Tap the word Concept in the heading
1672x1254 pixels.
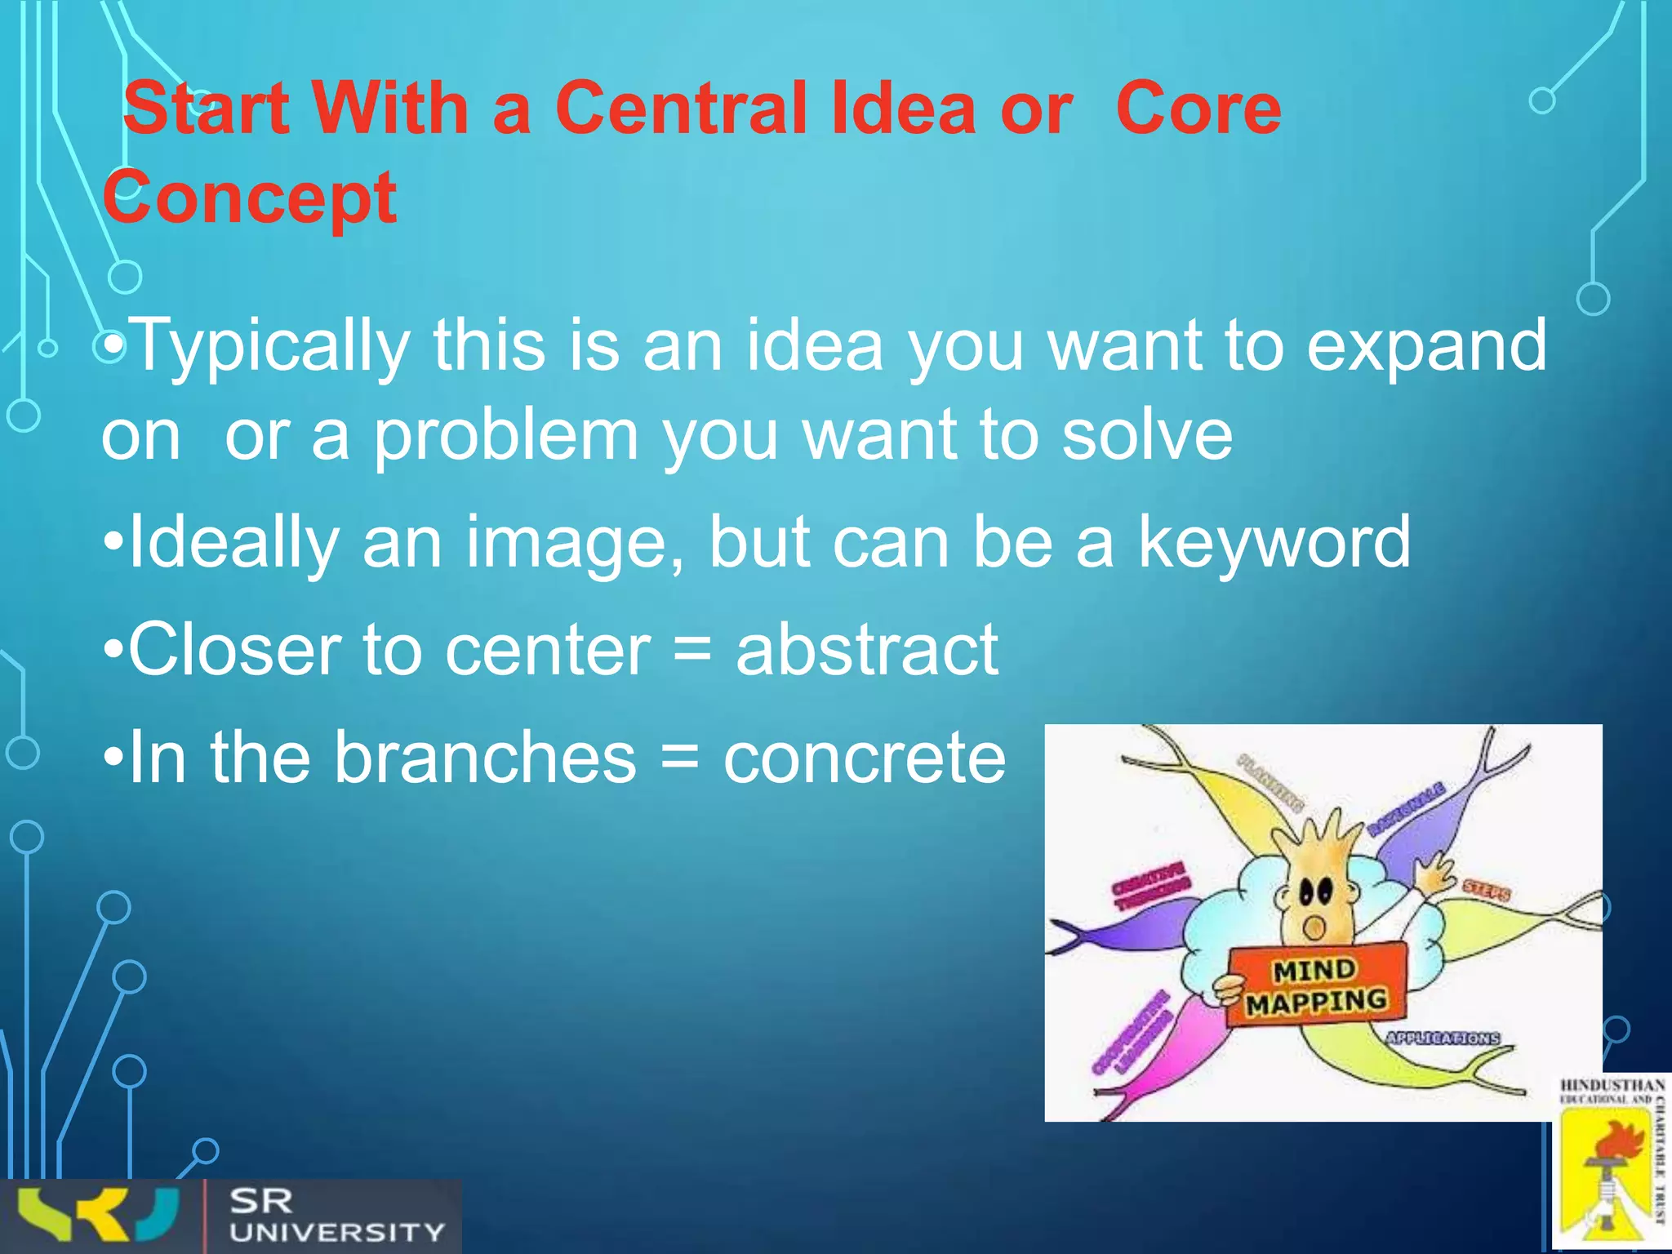click(250, 198)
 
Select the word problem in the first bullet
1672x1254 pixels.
click(506, 436)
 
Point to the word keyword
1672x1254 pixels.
click(1274, 542)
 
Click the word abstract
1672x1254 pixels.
click(866, 650)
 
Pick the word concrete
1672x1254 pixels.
click(864, 758)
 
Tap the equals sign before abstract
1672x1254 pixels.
click(693, 651)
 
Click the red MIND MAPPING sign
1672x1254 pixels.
click(1316, 986)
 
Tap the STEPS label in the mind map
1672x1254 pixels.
click(1486, 891)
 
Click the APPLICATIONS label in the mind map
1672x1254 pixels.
click(1443, 1038)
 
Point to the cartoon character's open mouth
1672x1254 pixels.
click(1314, 927)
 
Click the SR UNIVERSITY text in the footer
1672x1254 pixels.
click(336, 1216)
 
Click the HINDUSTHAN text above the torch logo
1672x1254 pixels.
click(1612, 1085)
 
